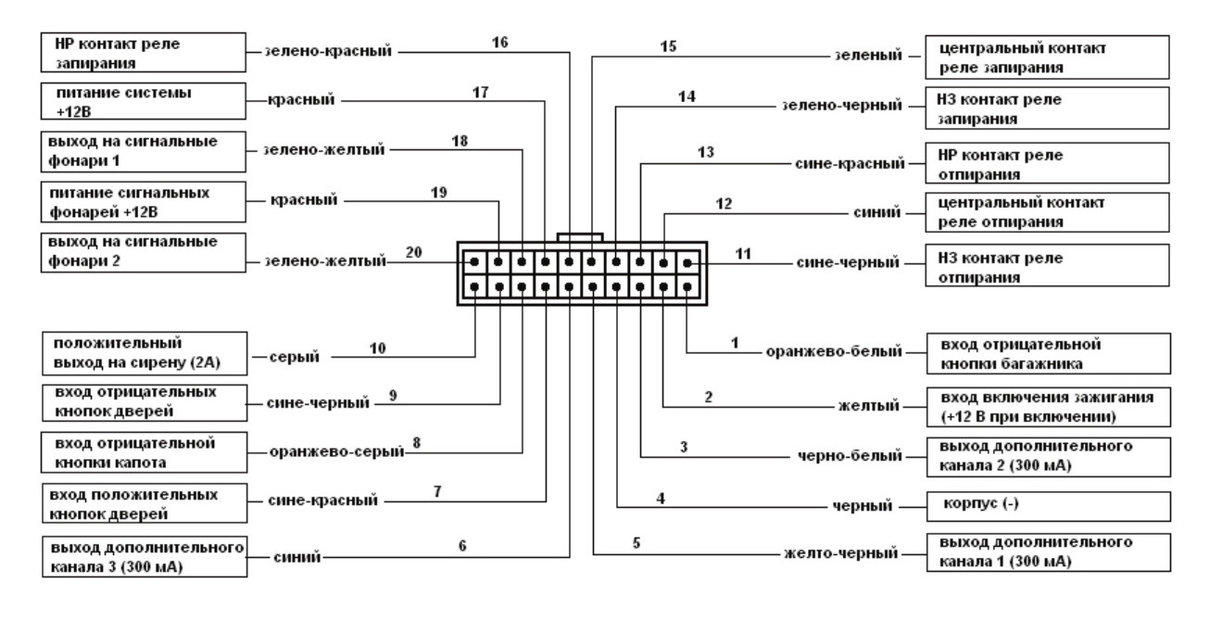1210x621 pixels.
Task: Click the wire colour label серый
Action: pos(295,355)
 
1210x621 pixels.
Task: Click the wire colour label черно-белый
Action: pos(850,455)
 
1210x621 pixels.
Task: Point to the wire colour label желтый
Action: pos(876,404)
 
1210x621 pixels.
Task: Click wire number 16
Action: pos(499,42)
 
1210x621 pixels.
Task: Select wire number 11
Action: pos(740,252)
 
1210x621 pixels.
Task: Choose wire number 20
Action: pos(414,252)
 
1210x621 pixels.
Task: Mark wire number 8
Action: pos(417,443)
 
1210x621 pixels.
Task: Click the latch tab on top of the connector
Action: pos(580,237)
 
